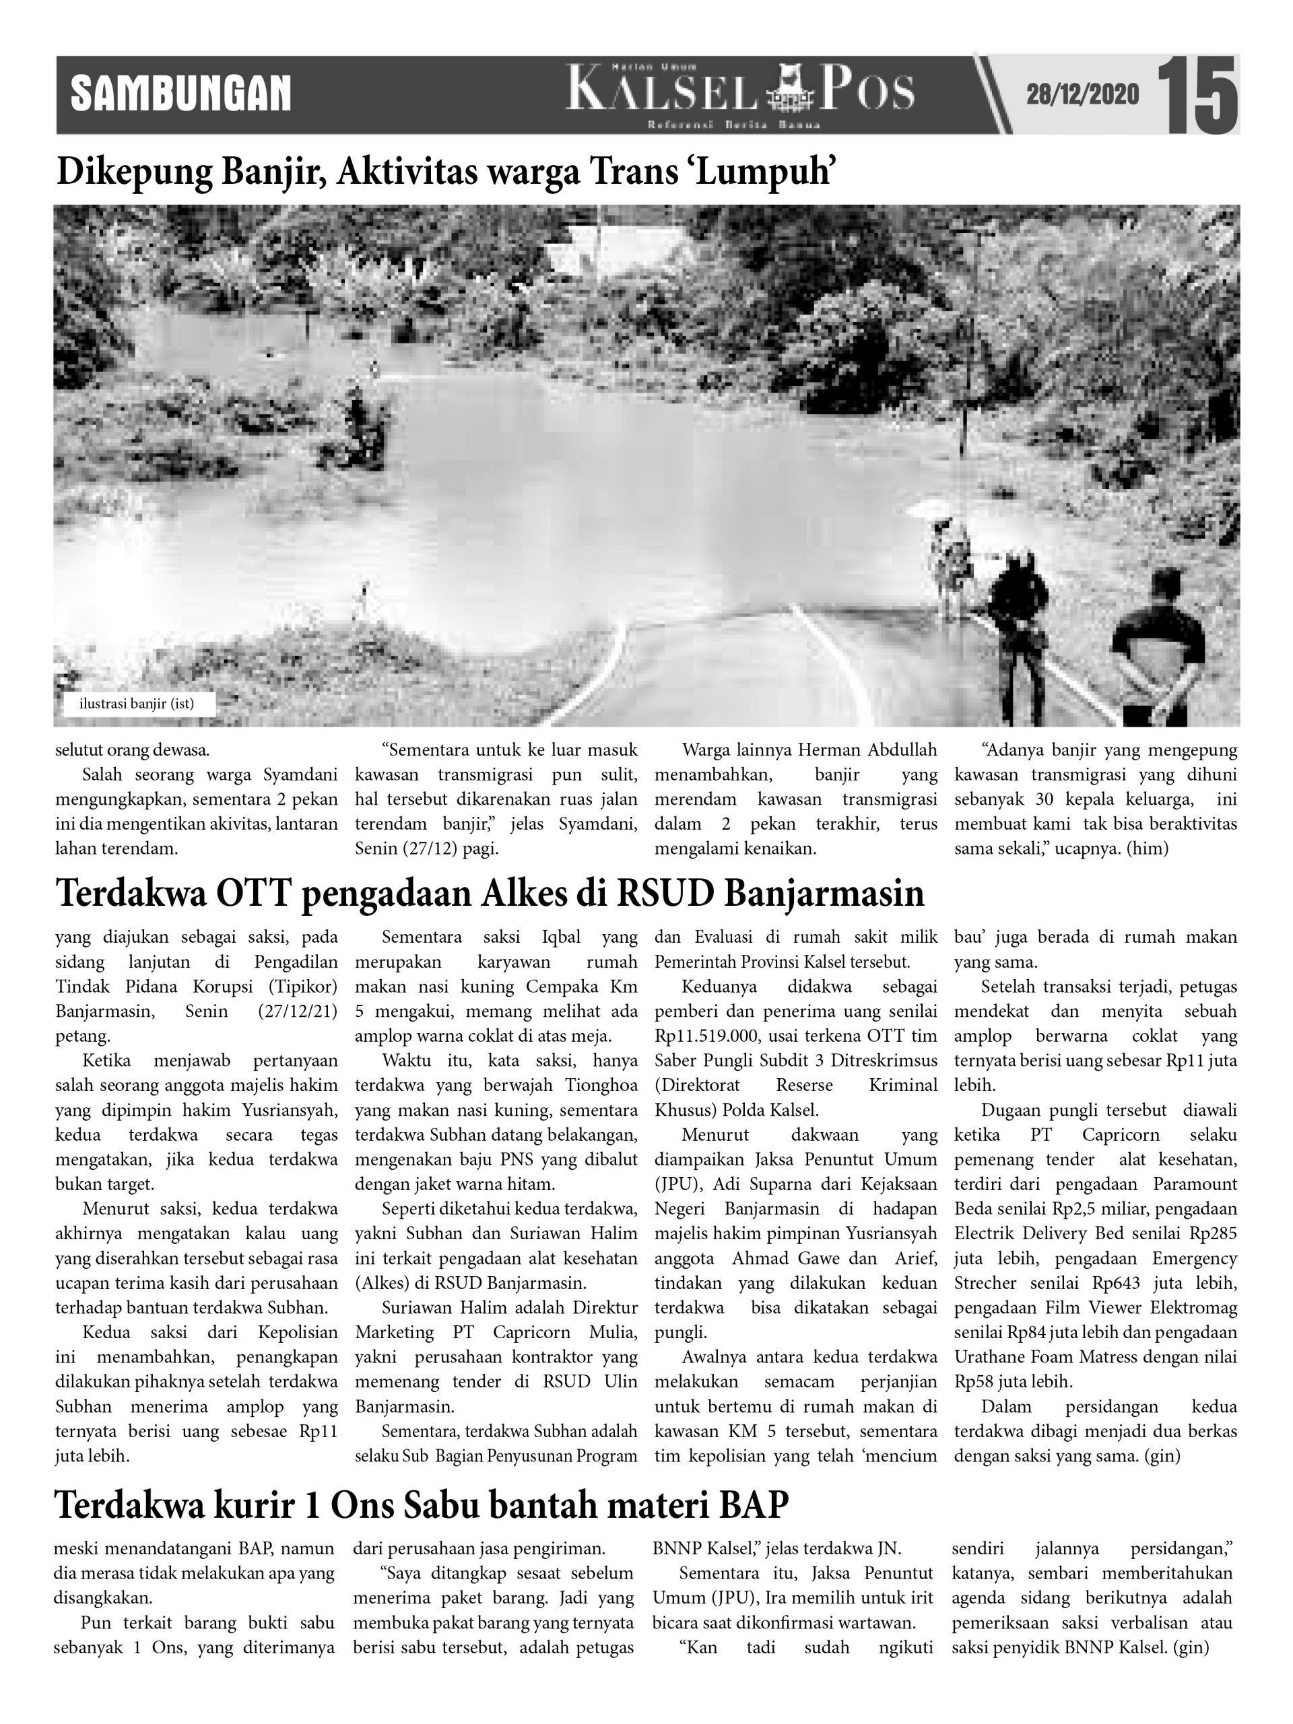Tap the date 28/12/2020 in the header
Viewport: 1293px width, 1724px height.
[1083, 95]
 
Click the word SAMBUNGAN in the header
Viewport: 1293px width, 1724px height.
[180, 94]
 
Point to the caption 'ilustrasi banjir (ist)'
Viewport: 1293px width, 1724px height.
[137, 704]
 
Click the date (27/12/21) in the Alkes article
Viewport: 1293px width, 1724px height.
[297, 1012]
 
